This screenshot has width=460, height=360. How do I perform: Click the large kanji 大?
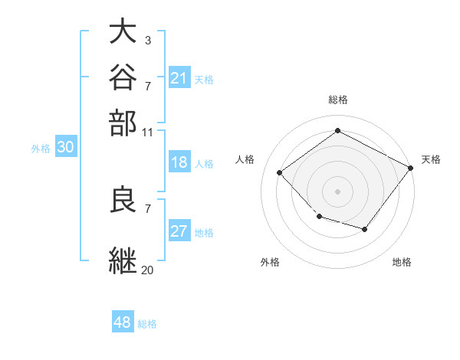(x=123, y=31)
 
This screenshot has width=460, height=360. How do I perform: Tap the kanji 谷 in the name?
(x=123, y=77)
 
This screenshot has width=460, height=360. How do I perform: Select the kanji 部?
(x=123, y=123)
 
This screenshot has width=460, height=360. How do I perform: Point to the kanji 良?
(x=123, y=198)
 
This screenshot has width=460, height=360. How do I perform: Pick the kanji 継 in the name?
(x=123, y=260)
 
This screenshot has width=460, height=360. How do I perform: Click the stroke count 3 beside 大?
(x=148, y=41)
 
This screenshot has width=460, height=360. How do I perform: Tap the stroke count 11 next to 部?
(x=147, y=133)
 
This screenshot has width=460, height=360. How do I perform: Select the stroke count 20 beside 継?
(x=147, y=270)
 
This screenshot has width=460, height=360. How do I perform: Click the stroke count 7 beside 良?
(x=148, y=209)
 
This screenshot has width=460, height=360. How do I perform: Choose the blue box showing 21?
(x=179, y=77)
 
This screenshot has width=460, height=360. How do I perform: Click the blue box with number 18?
(x=179, y=162)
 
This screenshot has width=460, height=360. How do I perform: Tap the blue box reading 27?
(x=179, y=230)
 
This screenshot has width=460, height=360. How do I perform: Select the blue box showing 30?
(x=66, y=146)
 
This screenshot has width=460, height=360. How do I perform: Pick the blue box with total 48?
(x=123, y=321)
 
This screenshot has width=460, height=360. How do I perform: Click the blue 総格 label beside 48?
(x=147, y=324)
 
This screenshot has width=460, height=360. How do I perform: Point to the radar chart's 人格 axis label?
(x=245, y=159)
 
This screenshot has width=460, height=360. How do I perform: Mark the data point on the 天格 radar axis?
(x=410, y=168)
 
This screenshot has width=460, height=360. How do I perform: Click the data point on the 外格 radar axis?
(x=320, y=217)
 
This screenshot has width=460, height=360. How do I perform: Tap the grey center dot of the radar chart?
(x=337, y=191)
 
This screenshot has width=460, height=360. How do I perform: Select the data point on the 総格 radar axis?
(x=337, y=130)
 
